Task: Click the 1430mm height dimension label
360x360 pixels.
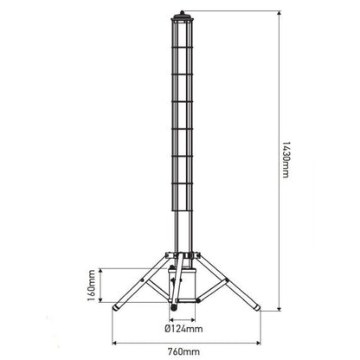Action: tap(286, 166)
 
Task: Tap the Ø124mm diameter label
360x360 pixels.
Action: tap(183, 328)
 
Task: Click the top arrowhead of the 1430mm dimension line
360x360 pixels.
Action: tap(280, 15)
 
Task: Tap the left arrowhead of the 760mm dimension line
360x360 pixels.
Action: tap(113, 339)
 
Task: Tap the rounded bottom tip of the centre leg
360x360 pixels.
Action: tap(172, 305)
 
